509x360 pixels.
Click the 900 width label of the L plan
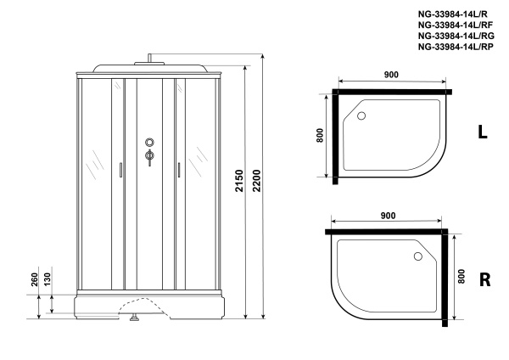(x=391, y=76)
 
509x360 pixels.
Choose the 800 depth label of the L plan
(x=320, y=137)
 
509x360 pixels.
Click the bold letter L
(x=482, y=132)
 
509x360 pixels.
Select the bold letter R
(x=485, y=279)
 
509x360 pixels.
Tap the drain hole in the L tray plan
(x=362, y=117)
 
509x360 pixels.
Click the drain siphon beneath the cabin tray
(x=133, y=320)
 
